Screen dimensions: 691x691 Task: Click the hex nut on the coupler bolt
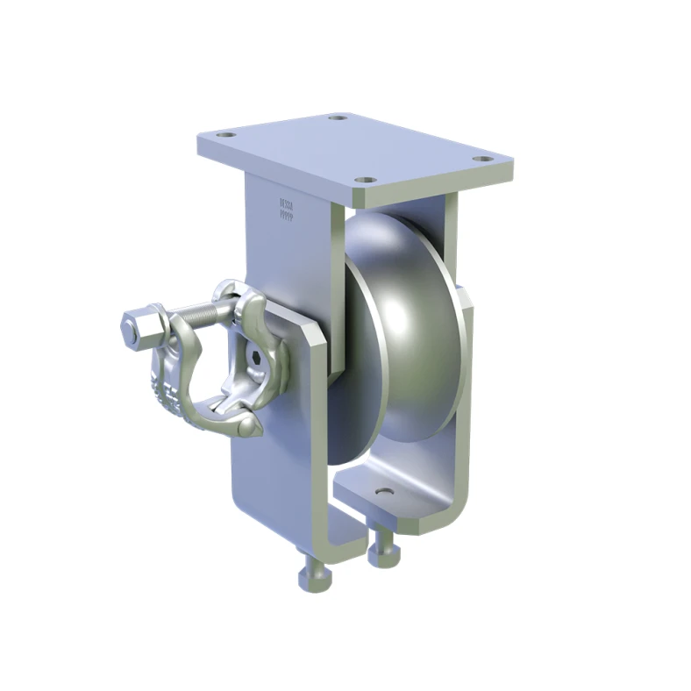pyautogui.click(x=132, y=327)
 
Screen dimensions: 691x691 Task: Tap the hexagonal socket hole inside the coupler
pyautogui.click(x=254, y=360)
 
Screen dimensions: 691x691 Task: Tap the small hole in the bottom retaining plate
pyautogui.click(x=383, y=492)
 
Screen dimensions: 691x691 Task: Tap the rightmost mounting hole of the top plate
pyautogui.click(x=481, y=160)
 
